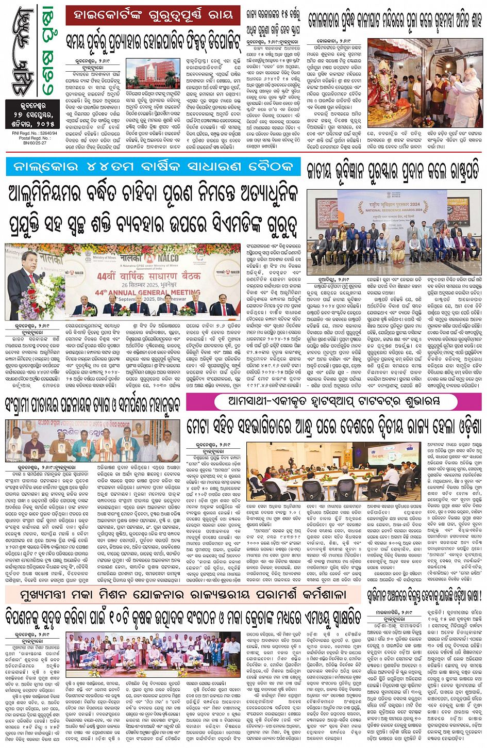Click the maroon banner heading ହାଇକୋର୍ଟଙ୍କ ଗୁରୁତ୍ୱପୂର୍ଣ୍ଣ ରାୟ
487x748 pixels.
(x=153, y=15)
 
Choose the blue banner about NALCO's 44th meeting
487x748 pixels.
(x=153, y=167)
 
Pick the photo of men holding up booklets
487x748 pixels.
(x=93, y=441)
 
